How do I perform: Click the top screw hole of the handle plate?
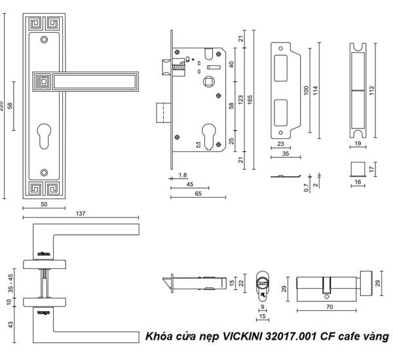(x=43, y=40)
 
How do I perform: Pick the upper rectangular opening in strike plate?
(x=283, y=65)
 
